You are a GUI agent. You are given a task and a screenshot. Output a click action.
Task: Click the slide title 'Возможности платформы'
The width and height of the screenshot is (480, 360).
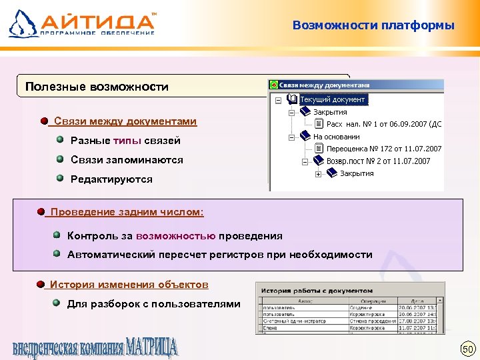click(373, 26)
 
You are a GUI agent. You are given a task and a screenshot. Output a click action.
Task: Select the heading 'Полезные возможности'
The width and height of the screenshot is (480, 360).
click(97, 87)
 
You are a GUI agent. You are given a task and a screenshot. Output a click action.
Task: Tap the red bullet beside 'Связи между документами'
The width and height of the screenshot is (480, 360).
click(44, 121)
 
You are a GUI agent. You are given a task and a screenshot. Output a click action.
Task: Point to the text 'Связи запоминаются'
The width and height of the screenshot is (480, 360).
click(127, 160)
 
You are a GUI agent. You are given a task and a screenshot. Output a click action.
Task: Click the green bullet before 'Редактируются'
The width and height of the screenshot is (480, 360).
click(60, 179)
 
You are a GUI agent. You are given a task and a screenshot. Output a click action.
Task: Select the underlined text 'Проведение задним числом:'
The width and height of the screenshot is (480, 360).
click(127, 212)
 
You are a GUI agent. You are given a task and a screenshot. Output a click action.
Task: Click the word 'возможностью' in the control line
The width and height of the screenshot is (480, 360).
click(175, 236)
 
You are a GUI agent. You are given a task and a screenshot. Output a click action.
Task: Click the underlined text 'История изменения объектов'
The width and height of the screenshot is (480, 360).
click(129, 285)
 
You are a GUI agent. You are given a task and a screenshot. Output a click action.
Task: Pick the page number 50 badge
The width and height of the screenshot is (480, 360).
click(467, 349)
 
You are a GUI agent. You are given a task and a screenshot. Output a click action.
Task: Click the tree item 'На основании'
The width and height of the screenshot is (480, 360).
click(336, 137)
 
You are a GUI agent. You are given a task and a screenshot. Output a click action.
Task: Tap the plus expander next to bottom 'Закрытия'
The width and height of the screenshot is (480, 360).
click(318, 174)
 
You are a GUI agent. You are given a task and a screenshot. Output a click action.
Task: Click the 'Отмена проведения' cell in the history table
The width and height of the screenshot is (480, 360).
click(372, 321)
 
